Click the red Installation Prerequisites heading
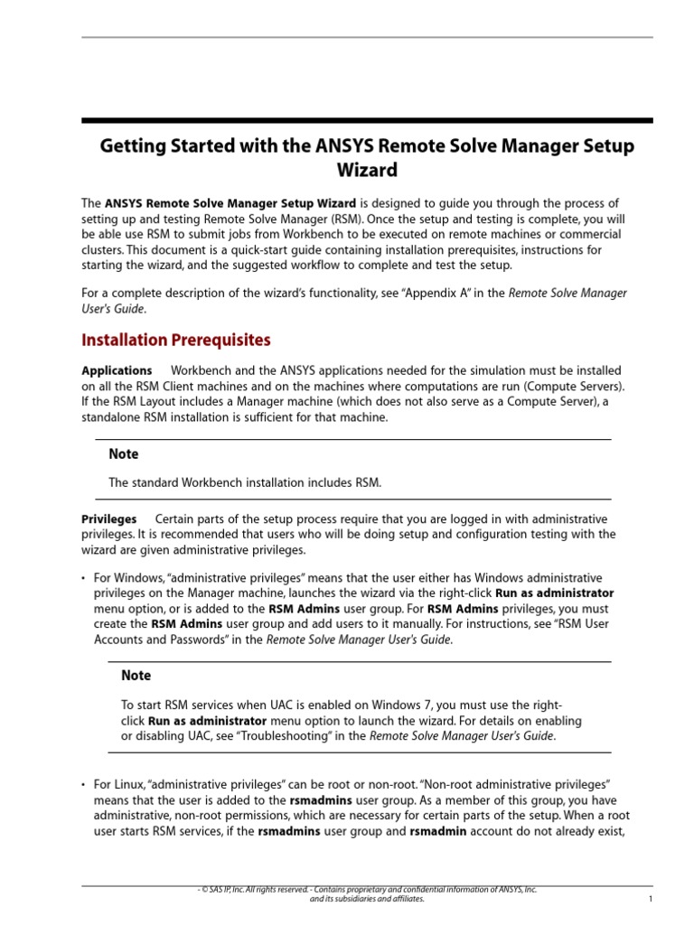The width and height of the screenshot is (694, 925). coord(176,341)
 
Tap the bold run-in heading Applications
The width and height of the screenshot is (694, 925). coord(117,370)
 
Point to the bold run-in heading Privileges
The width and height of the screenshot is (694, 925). coord(109,519)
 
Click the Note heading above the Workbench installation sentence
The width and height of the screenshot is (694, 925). coord(124,453)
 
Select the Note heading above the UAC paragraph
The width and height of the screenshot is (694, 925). coord(136,675)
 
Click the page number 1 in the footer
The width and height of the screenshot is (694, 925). coord(651,900)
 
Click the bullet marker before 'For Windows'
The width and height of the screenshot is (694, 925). coord(83,578)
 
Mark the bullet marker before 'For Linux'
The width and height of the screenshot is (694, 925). coord(83,785)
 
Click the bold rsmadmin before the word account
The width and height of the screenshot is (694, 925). coord(438,831)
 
